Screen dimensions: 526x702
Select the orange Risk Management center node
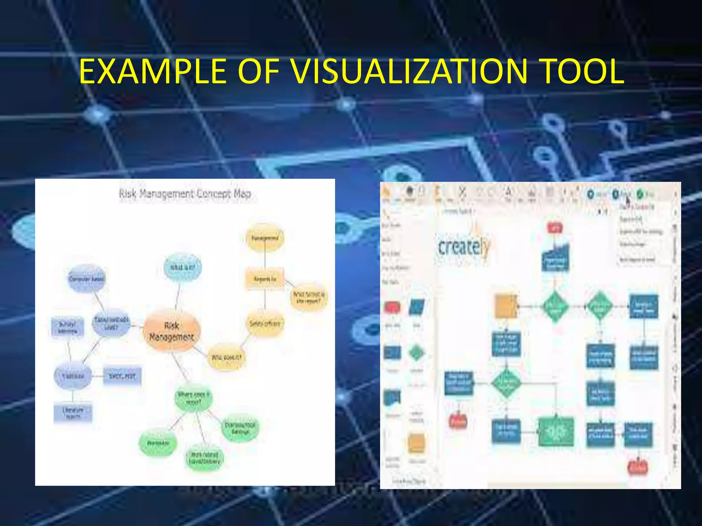(x=171, y=331)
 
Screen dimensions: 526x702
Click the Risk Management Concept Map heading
(x=185, y=194)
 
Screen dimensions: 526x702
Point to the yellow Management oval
(x=265, y=238)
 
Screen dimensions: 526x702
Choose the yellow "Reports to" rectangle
(x=265, y=279)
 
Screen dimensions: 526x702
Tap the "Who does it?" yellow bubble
(x=226, y=357)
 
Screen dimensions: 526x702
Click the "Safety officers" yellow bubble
(x=265, y=323)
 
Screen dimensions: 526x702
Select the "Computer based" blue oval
(x=86, y=279)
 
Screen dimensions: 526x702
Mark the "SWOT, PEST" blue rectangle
(x=122, y=376)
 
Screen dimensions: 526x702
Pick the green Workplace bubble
(x=158, y=443)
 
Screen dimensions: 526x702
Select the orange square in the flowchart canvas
(x=506, y=306)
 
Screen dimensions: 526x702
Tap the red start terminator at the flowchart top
(x=555, y=227)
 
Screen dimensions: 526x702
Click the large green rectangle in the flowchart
(x=556, y=432)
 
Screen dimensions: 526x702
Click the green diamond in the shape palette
(x=416, y=353)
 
